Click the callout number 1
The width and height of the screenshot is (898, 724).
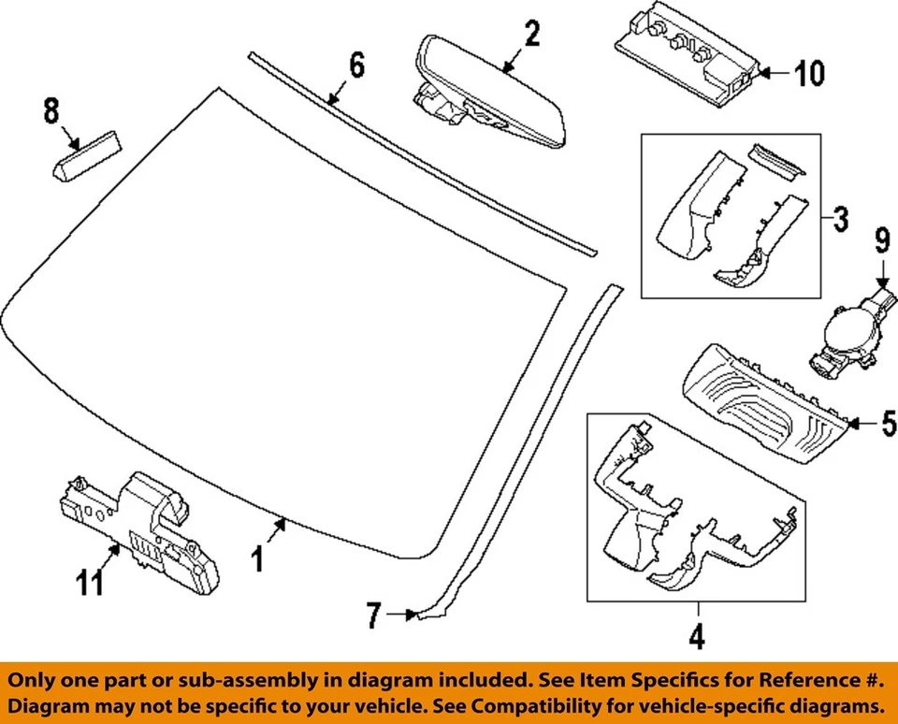[x=258, y=559]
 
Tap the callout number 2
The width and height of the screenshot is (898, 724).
[x=531, y=35]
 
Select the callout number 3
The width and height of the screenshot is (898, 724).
[x=840, y=221]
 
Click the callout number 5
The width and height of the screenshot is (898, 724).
[x=888, y=426]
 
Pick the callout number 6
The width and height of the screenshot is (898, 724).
[x=355, y=65]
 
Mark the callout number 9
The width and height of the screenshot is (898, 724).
[x=881, y=242]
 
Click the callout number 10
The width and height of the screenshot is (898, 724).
[x=809, y=73]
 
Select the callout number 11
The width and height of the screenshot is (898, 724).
[x=91, y=585]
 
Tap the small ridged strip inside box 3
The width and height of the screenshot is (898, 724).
[x=775, y=160]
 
